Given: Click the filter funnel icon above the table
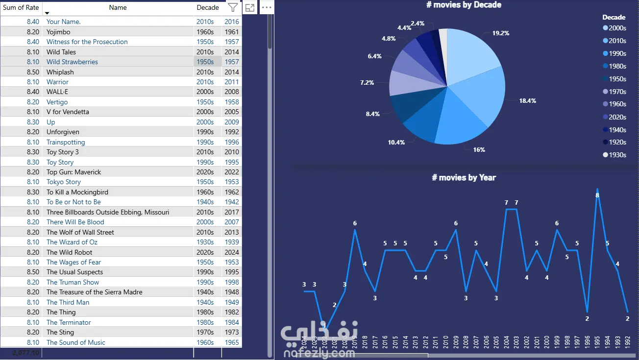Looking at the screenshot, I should [233, 7].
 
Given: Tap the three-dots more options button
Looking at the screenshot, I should [266, 7].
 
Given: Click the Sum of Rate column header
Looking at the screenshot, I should [21, 7].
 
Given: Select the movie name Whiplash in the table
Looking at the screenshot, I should [60, 72].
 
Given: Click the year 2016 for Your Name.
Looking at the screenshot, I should [232, 22].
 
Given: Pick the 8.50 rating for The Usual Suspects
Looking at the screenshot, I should [33, 272].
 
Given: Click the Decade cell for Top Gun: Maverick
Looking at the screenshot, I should [205, 172].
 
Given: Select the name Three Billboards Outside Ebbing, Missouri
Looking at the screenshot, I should [108, 212].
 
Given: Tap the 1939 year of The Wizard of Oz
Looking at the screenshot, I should [232, 242].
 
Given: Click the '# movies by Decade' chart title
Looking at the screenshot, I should [464, 5].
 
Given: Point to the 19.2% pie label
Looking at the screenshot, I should [501, 33].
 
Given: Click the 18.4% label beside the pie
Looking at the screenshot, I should [527, 101].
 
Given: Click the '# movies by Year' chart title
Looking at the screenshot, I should [464, 177].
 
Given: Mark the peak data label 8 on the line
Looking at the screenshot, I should [597, 195].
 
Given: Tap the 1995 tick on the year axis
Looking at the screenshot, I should [597, 342].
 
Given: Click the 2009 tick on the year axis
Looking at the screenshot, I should [456, 342].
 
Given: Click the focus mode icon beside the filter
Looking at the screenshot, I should [250, 7].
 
